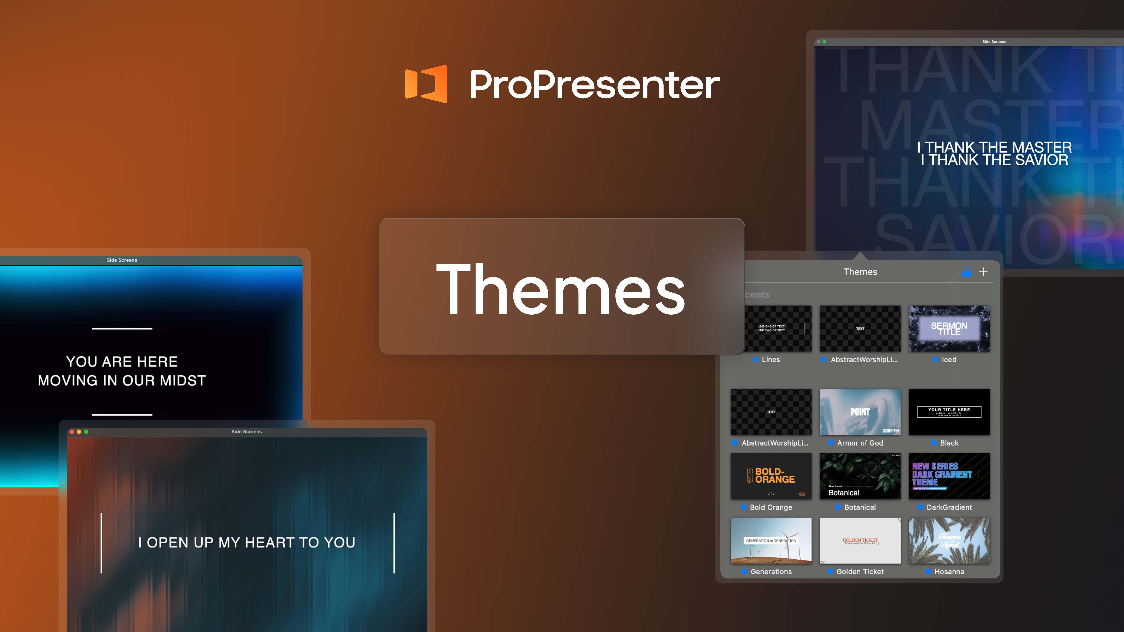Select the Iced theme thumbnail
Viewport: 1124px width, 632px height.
point(949,328)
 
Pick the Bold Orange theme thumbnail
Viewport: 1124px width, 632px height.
point(771,476)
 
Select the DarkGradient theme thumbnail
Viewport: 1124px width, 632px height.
point(949,476)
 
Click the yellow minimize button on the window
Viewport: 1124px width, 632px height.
point(79,432)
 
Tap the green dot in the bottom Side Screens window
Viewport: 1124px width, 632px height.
point(86,432)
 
